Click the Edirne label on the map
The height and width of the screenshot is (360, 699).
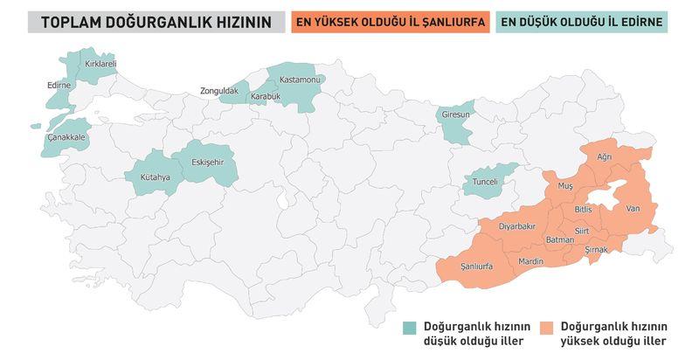point(58,85)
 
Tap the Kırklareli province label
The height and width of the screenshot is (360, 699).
point(100,64)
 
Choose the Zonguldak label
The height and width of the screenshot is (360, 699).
point(218,90)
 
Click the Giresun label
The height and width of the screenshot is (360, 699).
point(455,114)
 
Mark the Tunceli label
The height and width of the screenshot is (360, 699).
point(485,181)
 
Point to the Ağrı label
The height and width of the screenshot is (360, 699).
point(604,156)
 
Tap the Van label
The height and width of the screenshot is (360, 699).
point(633,207)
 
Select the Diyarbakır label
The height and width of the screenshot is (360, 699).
point(516,225)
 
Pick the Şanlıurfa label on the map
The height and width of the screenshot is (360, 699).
point(478,265)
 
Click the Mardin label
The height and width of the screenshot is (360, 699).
point(530,261)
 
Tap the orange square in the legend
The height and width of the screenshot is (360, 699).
point(547,328)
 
